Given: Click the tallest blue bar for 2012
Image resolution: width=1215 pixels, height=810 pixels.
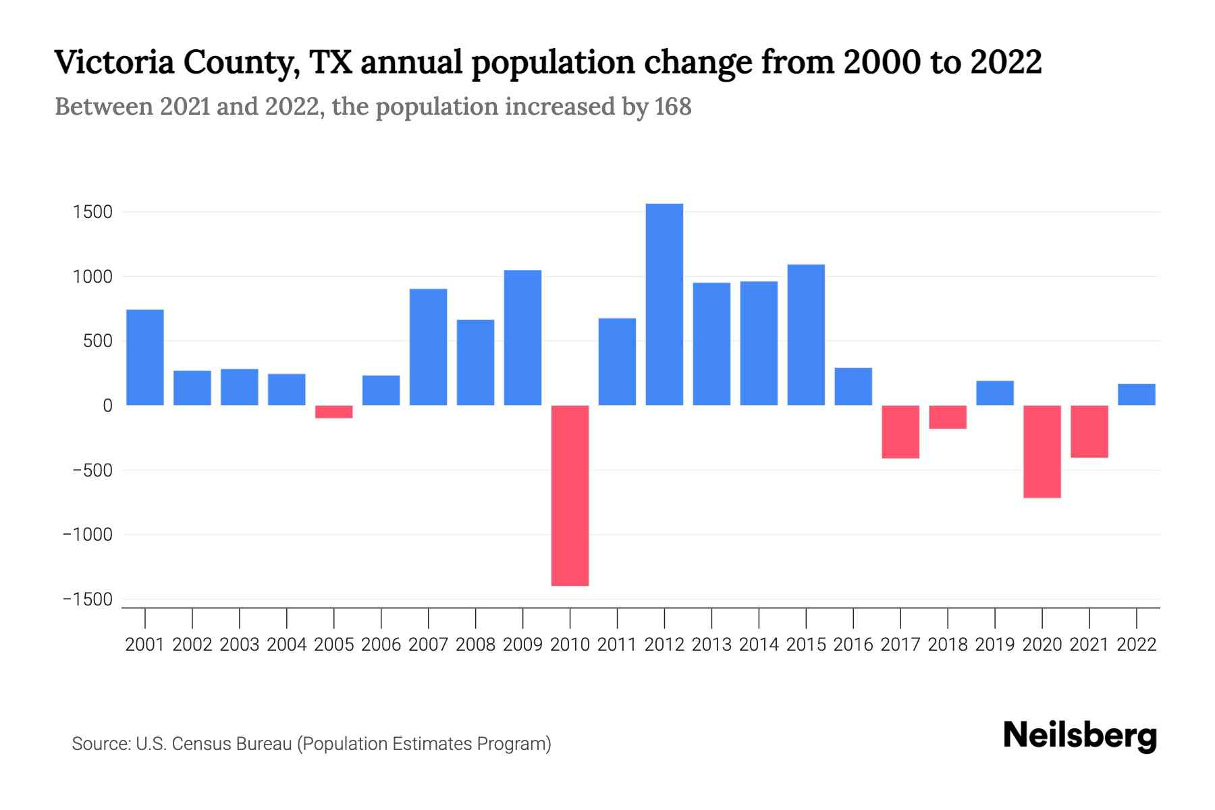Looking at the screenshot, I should pos(664,304).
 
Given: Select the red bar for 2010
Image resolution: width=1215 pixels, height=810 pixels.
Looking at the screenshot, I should pos(570,495).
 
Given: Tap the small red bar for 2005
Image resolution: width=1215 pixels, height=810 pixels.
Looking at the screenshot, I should pos(333,412).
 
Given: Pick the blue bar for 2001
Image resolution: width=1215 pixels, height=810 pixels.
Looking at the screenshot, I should pos(145,357).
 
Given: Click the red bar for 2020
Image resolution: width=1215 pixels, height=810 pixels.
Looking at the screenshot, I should pos(1042,452).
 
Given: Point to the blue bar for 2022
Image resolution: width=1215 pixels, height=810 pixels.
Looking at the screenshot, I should pos(1136,395).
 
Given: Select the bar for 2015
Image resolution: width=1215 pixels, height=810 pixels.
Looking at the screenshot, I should pos(806,335).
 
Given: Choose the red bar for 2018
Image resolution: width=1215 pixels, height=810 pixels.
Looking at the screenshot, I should pos(947,417).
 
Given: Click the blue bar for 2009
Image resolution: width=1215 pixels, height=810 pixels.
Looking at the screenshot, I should pos(522,337).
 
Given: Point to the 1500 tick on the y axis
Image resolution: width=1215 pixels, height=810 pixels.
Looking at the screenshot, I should pos(92,213).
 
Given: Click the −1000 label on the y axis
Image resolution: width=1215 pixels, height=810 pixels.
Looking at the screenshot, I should pos(87,535).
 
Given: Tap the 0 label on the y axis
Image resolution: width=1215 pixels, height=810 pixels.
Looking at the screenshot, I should pos(107,406).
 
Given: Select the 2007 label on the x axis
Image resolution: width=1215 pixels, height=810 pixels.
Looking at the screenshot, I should pos(428,645).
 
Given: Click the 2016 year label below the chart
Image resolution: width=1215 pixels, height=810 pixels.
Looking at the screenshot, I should pos(853,645).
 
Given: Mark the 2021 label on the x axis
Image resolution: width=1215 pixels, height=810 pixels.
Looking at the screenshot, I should pos(1089,645).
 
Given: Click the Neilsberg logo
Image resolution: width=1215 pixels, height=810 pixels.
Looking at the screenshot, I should pos(1079,736).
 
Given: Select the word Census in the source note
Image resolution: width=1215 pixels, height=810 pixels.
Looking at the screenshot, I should pos(197,744).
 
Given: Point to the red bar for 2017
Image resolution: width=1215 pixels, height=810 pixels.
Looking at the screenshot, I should pos(900,432).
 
